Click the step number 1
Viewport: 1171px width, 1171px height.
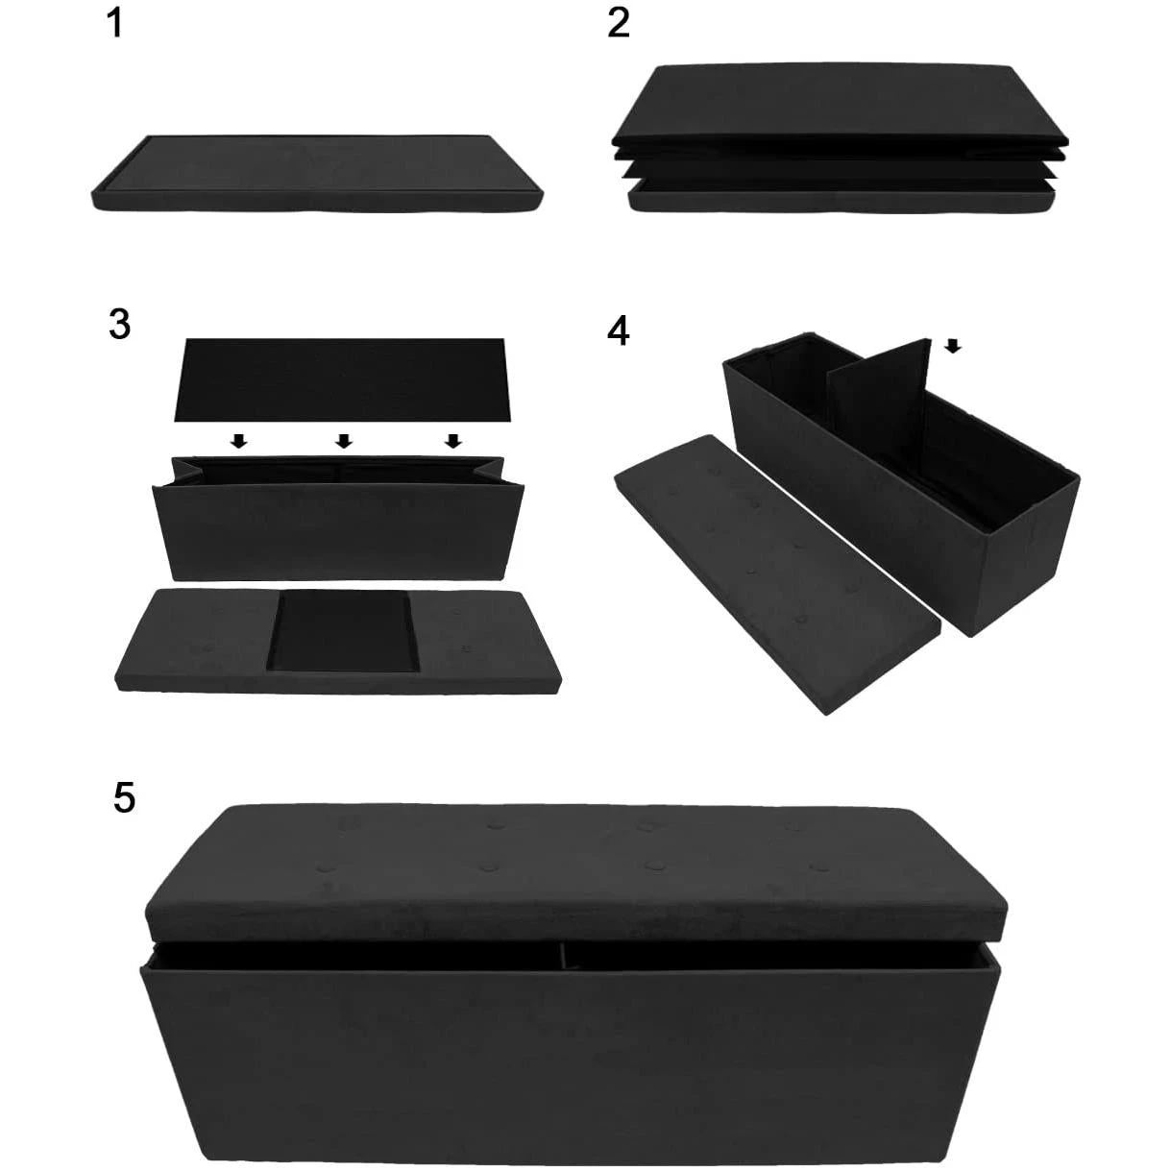click(114, 24)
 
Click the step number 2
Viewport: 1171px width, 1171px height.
click(618, 24)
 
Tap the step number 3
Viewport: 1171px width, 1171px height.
click(120, 325)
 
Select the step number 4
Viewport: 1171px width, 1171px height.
click(618, 331)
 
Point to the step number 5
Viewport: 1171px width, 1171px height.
click(124, 798)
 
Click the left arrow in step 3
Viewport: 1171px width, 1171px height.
click(239, 441)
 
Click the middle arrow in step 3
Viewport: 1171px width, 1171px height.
click(344, 441)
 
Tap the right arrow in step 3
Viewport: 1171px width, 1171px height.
click(453, 441)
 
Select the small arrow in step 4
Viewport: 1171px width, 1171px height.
click(954, 346)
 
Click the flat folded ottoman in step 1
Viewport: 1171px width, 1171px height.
click(317, 174)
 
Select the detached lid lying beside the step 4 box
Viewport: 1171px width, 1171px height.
click(778, 573)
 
